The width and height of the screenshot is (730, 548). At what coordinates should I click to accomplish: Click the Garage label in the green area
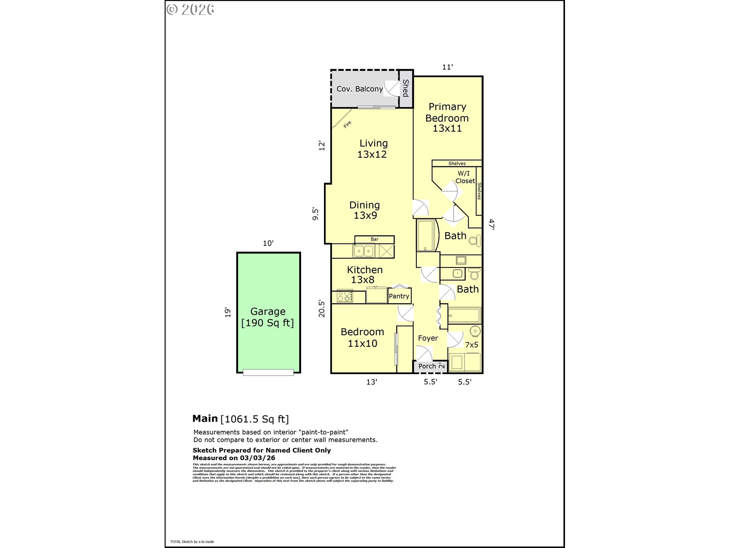click(x=268, y=317)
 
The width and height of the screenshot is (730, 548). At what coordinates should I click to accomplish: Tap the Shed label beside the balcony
click(x=406, y=88)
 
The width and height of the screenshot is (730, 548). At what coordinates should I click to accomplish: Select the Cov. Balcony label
click(x=359, y=89)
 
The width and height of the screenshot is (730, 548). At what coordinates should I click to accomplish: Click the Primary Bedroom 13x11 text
click(x=447, y=118)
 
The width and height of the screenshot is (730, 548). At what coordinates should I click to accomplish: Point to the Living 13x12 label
click(x=373, y=149)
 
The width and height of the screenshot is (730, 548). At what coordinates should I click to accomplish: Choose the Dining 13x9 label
click(x=365, y=210)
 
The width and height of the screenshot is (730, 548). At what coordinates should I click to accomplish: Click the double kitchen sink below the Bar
click(x=364, y=251)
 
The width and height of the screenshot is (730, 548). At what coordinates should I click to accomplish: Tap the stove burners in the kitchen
click(x=345, y=296)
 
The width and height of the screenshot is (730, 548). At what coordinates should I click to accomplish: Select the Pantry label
click(x=399, y=296)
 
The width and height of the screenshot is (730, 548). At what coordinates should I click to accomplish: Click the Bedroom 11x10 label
click(x=362, y=338)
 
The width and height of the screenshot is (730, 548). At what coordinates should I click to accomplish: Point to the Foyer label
click(x=428, y=338)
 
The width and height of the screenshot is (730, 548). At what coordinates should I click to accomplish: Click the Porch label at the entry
click(x=427, y=366)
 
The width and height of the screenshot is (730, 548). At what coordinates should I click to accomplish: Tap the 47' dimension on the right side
click(x=491, y=224)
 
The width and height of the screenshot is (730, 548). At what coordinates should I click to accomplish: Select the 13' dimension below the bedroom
click(x=371, y=382)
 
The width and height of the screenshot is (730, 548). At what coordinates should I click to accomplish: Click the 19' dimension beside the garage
click(x=227, y=312)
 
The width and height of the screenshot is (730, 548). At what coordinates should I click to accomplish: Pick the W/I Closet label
click(x=465, y=177)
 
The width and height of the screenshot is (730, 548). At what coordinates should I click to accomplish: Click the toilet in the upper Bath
click(x=474, y=241)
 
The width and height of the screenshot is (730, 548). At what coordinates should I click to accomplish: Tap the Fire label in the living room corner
click(x=347, y=124)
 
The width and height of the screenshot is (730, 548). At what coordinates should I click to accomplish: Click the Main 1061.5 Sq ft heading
click(x=240, y=419)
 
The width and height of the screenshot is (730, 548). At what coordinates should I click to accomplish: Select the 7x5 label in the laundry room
click(x=471, y=345)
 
